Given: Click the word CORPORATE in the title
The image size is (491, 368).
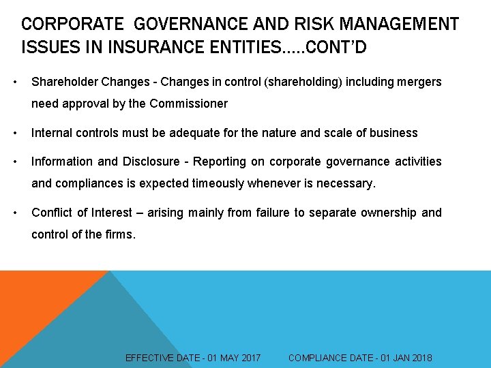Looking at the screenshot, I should [x=73, y=25].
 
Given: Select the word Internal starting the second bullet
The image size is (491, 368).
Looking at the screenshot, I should [x=51, y=133].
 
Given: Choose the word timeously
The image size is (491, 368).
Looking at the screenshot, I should [x=231, y=183].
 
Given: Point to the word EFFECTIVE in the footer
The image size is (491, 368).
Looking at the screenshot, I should [x=151, y=358].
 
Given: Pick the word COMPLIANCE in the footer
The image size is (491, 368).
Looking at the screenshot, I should [x=318, y=358].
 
